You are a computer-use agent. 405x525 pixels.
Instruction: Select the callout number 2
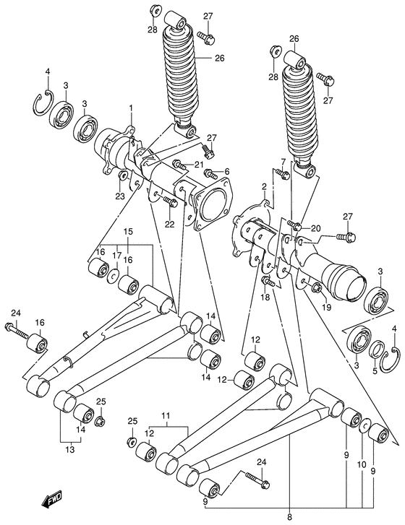coord(264,187)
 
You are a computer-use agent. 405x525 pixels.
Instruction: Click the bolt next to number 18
coord(266,281)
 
